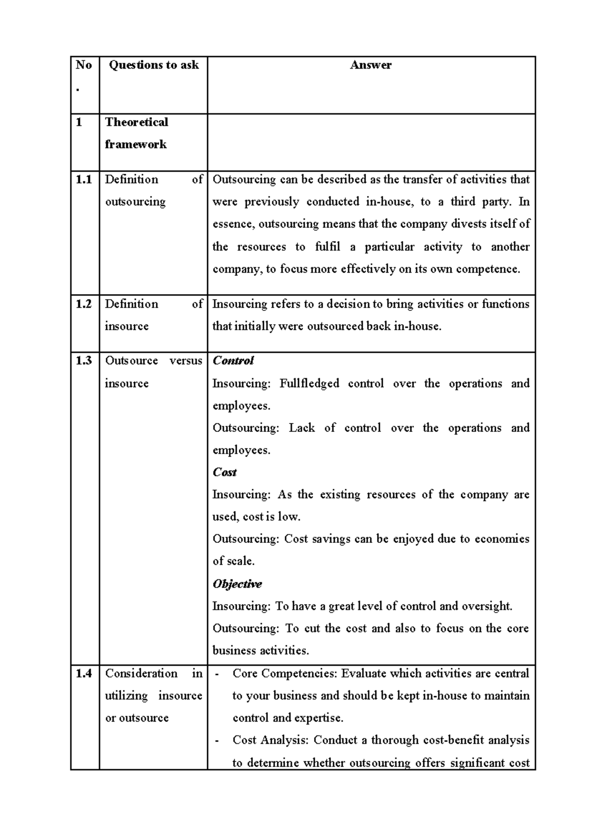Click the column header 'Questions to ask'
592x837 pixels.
153,65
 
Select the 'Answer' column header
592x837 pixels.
370,65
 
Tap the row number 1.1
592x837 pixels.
84,180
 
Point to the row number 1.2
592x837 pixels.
84,304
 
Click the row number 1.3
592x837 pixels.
84,361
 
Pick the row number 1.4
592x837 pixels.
84,674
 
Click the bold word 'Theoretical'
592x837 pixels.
137,122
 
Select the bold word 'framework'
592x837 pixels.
136,145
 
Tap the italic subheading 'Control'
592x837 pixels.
233,361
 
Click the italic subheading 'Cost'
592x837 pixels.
224,472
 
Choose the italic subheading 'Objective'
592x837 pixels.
237,584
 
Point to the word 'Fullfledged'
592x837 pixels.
309,383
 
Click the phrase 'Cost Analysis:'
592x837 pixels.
271,740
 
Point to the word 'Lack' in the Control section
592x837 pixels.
301,428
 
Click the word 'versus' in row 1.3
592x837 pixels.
185,361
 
